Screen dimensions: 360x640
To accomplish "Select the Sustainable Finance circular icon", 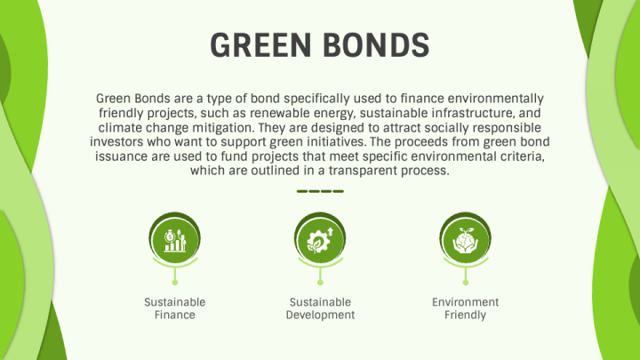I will tap(174, 237).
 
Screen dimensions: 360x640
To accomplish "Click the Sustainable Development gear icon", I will tap(320, 237).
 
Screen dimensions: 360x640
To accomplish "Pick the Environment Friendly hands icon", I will tap(466, 237).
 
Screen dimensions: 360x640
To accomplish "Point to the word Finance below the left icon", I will tap(174, 315).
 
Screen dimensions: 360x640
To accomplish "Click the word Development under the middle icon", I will tap(320, 315).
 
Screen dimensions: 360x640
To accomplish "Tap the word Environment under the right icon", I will tap(466, 302).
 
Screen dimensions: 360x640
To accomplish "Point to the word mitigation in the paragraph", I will tap(212, 127).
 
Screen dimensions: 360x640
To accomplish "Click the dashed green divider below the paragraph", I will tap(320, 191).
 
